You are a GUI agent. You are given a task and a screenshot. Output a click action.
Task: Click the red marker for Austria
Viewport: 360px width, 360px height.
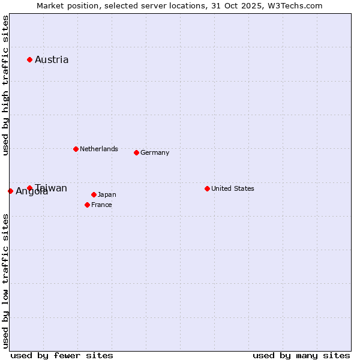pos(29,59)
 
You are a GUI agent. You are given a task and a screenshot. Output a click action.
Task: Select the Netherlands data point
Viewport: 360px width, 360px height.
pos(76,149)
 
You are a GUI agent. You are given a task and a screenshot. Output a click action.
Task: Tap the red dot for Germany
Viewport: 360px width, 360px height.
pos(136,152)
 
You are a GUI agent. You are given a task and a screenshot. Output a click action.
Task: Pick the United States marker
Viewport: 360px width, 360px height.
pos(207,188)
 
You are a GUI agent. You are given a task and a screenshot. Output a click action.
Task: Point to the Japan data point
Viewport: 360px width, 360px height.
pos(94,194)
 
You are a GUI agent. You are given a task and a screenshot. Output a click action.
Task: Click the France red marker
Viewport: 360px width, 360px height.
pos(87,205)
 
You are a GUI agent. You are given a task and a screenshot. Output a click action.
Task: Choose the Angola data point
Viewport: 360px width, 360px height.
pos(10,191)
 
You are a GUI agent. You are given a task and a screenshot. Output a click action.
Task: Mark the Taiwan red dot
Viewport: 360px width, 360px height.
pos(29,188)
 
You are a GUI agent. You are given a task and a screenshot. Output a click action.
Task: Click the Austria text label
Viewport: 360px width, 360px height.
pos(52,59)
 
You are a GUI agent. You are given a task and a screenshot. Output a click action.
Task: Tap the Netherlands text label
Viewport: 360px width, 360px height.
pos(99,149)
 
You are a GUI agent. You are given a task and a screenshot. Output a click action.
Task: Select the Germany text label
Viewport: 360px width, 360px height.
pos(155,152)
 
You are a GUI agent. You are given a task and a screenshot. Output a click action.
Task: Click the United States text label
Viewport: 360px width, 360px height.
pos(233,188)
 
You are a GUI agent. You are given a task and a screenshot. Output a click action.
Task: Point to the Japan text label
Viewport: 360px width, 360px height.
pos(107,194)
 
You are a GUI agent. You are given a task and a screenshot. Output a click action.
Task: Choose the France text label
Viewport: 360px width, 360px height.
pos(101,205)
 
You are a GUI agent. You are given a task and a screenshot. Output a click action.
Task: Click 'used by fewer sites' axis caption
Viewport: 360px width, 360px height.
pos(62,355)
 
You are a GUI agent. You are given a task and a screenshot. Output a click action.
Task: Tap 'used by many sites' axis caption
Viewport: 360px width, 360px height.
pos(301,355)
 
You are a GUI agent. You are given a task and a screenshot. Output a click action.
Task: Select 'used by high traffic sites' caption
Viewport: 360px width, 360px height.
pos(5,86)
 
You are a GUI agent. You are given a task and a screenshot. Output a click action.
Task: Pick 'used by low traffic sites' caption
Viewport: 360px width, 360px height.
pos(5,280)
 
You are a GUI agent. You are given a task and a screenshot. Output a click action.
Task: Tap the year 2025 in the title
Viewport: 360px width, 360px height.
pos(248,5)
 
